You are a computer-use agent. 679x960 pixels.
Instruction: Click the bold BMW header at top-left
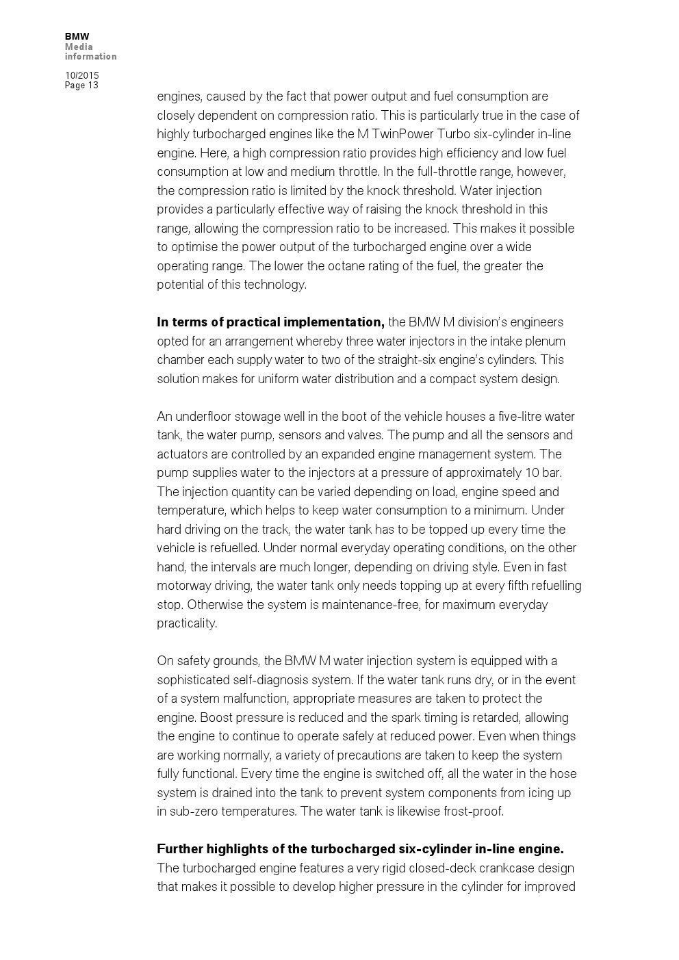pos(77,36)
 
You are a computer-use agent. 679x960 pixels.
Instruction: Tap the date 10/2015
pos(81,75)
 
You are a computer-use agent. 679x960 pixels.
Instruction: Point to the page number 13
pos(93,86)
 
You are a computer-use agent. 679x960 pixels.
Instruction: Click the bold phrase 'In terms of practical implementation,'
pos(270,322)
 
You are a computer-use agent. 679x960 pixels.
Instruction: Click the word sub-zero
pos(194,812)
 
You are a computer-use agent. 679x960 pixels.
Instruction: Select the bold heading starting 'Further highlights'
pos(360,849)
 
